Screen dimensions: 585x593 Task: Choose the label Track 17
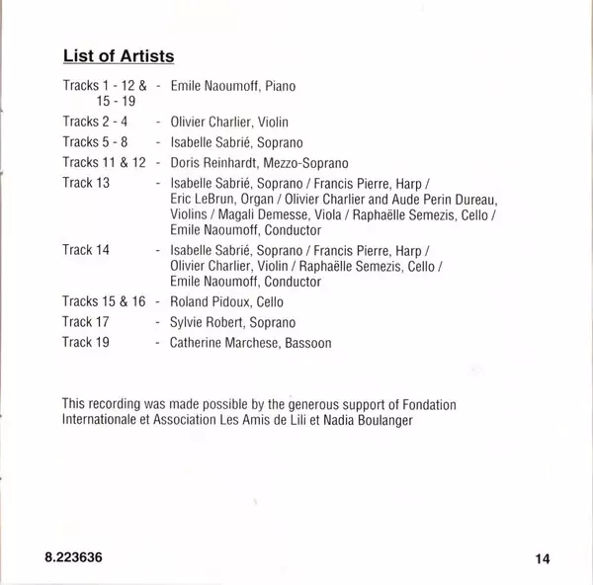click(x=85, y=322)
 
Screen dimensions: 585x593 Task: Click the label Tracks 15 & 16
click(x=104, y=301)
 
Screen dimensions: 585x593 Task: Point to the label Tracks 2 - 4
click(x=95, y=122)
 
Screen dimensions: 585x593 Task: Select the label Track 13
click(x=85, y=182)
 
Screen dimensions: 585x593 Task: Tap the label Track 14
click(x=85, y=249)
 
